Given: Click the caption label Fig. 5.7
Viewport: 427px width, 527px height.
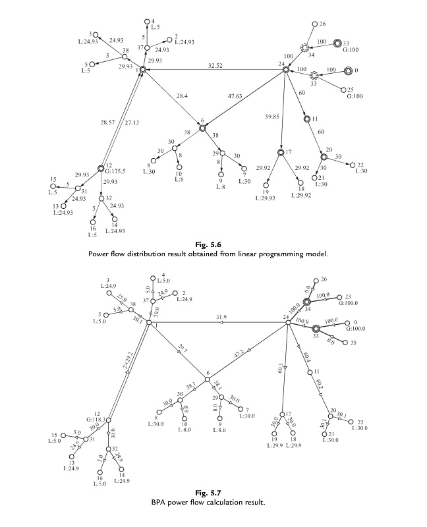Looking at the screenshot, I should tap(214, 494).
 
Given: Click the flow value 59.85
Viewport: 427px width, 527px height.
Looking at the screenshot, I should tap(270, 119).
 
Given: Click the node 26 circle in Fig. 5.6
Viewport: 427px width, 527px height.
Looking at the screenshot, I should tap(314, 24).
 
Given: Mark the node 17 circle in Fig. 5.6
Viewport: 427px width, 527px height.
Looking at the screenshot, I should tap(281, 153).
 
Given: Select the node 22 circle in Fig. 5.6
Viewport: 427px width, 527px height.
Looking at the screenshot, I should tap(352, 165).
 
